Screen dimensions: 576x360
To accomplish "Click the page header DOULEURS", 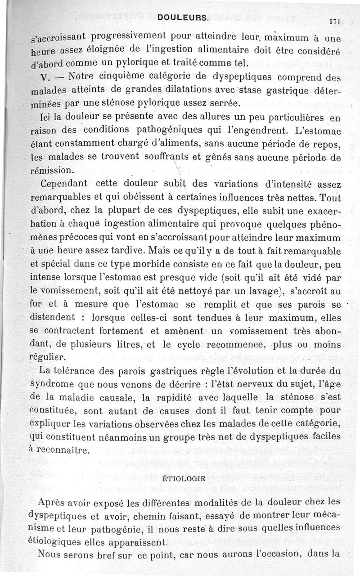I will tap(183, 18).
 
